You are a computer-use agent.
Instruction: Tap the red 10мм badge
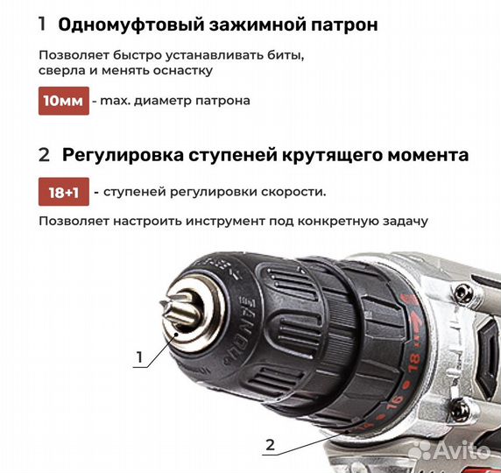[x=63, y=100]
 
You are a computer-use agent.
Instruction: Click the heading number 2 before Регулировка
[x=45, y=155]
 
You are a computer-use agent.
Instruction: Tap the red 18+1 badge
[x=63, y=191]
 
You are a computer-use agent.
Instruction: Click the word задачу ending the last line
[x=400, y=221]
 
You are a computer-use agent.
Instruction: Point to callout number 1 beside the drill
[x=138, y=357]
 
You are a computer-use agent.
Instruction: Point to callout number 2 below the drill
[x=270, y=445]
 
